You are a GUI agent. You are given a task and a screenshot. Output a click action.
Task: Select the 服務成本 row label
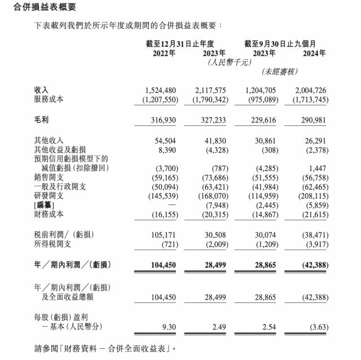[x=50, y=99]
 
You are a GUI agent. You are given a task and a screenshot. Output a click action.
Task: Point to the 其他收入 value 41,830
[x=214, y=140]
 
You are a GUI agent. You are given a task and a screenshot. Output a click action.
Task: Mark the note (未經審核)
[x=280, y=72]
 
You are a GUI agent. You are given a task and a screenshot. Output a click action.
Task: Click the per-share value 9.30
[x=168, y=326]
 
